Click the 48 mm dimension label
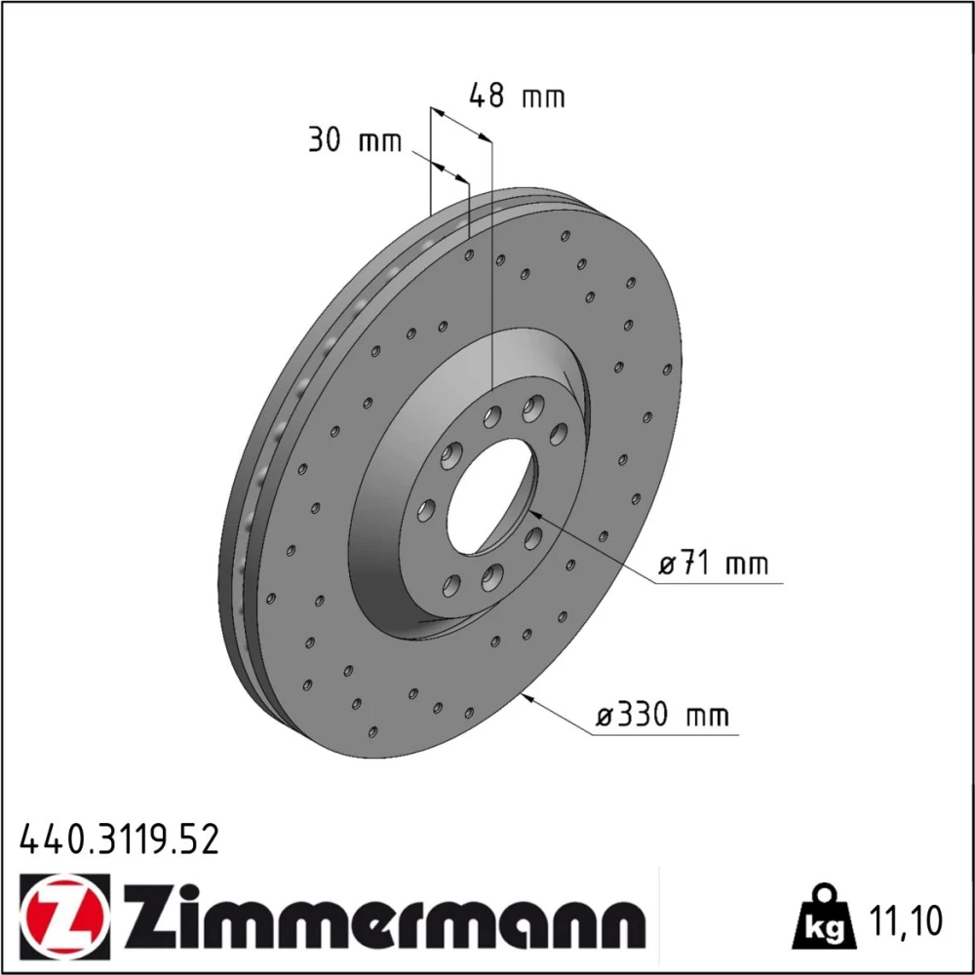(x=517, y=96)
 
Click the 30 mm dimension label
(x=355, y=141)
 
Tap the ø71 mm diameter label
(x=714, y=564)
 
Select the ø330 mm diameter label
(x=662, y=715)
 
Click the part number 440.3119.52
(x=120, y=838)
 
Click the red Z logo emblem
(x=64, y=911)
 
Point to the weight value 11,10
(x=906, y=920)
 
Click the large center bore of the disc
(x=491, y=495)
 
